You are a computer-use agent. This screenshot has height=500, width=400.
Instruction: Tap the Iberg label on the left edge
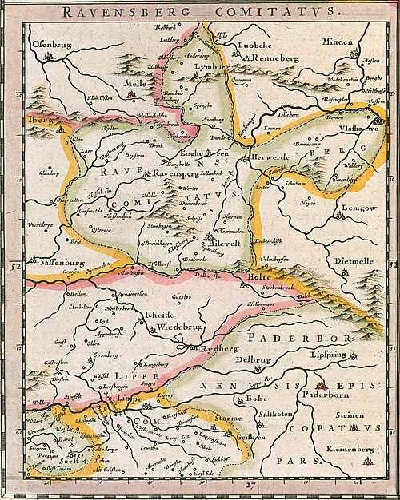tap(39, 117)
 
